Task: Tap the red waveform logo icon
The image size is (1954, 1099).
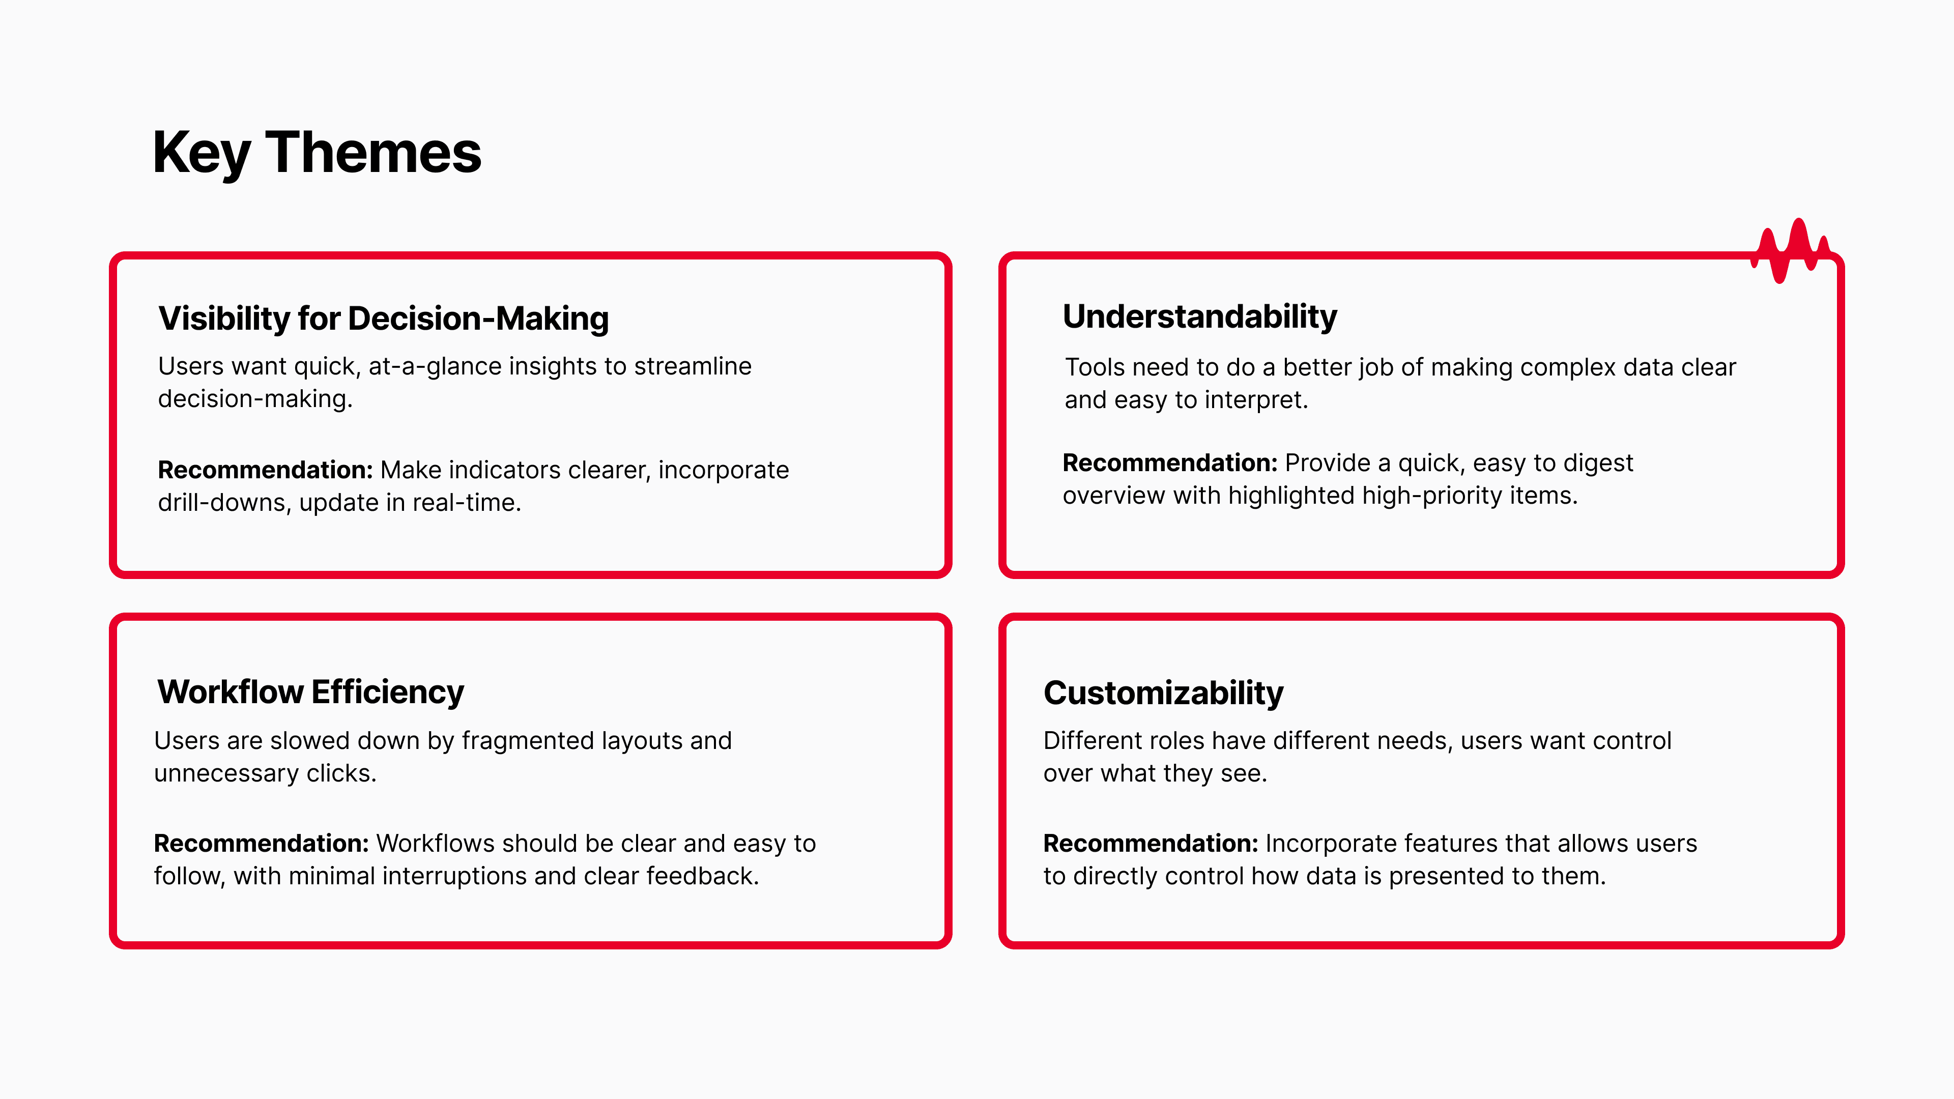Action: click(x=1790, y=250)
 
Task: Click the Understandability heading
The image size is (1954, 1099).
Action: click(x=1199, y=317)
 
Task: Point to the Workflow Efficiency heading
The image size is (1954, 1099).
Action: click(x=310, y=692)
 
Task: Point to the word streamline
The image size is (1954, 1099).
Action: click(x=693, y=366)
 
